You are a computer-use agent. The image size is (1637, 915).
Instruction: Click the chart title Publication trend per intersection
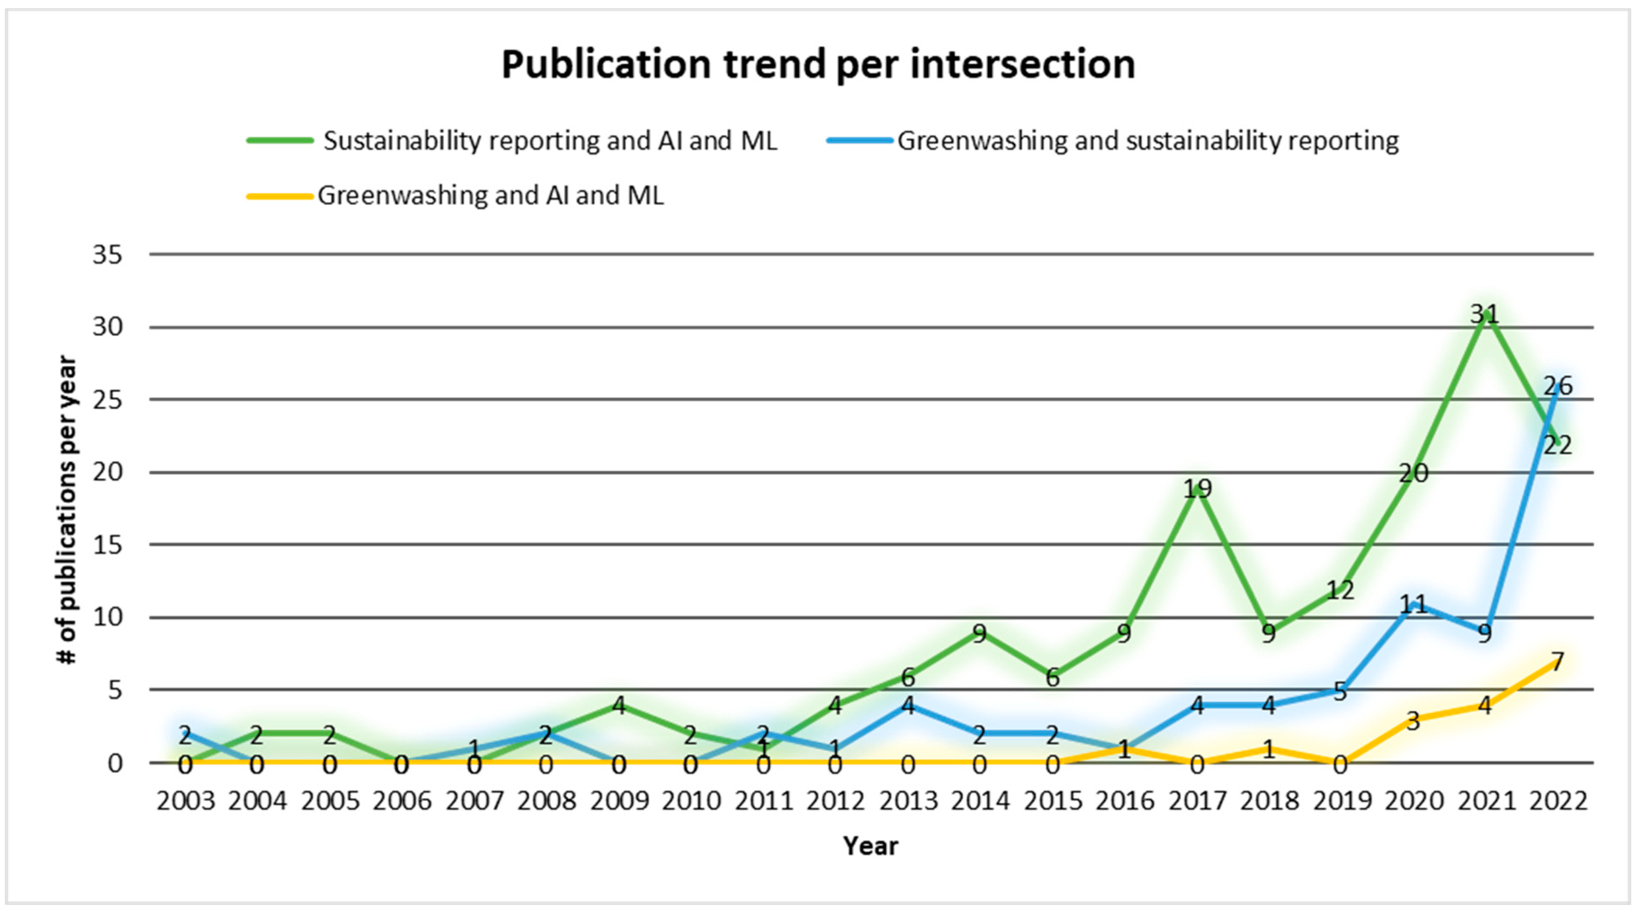click(818, 65)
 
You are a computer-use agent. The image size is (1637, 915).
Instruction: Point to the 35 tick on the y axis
click(107, 255)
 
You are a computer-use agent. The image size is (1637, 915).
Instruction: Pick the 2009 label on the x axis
click(619, 801)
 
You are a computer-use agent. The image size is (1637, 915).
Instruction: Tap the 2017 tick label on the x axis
click(1197, 801)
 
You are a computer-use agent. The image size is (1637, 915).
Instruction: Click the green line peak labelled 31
click(1485, 314)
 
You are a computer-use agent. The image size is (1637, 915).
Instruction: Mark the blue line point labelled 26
click(1557, 386)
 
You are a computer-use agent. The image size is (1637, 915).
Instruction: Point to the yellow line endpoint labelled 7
click(1557, 661)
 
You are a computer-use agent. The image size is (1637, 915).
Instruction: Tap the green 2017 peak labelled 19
click(1197, 488)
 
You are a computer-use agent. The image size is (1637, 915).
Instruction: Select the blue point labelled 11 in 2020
click(1413, 604)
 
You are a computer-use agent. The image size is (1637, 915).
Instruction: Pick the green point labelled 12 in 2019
click(1341, 590)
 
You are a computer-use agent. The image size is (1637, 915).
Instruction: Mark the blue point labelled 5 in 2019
click(1341, 691)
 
